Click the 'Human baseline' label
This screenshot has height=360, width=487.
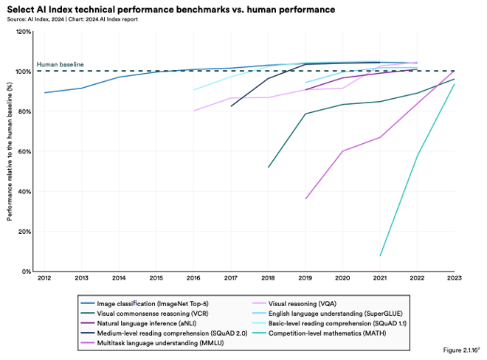(60, 65)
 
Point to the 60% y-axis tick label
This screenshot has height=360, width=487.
(24, 151)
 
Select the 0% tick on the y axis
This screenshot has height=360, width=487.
(26, 271)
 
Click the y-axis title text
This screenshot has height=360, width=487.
(10, 151)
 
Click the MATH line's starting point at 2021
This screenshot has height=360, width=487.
(380, 256)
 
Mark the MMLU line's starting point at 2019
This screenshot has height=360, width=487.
(305, 198)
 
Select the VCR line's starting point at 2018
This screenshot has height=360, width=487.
(268, 167)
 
